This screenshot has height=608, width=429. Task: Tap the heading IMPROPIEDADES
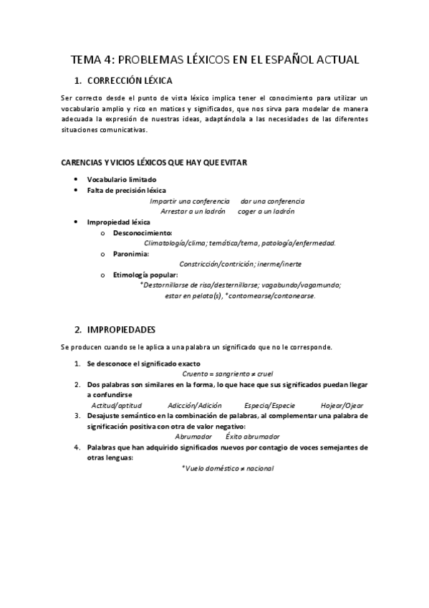pyautogui.click(x=121, y=330)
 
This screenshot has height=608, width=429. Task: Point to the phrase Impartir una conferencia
pyautogui.click(x=190, y=201)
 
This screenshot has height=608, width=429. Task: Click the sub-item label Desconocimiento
pyautogui.click(x=142, y=233)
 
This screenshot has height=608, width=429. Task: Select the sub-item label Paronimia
pyautogui.click(x=131, y=254)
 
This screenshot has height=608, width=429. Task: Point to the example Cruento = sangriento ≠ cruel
pyautogui.click(x=228, y=374)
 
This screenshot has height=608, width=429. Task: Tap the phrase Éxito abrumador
pyautogui.click(x=253, y=437)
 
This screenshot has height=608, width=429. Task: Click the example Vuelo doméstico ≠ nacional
pyautogui.click(x=228, y=468)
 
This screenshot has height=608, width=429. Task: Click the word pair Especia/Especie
pyautogui.click(x=269, y=405)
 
